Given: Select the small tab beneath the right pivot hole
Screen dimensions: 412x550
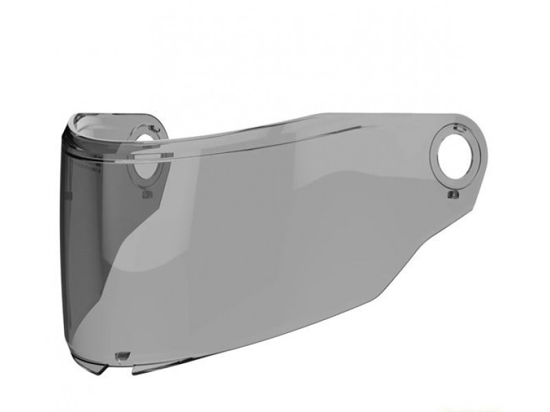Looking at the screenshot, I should click(x=452, y=196).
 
